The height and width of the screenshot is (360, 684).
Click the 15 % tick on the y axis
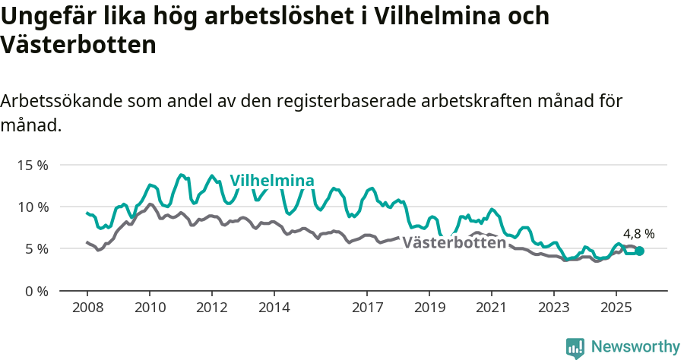(32, 165)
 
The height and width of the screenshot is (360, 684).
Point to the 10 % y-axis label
(32, 207)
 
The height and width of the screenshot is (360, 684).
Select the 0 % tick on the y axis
(35, 291)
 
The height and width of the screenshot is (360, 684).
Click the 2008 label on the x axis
(87, 308)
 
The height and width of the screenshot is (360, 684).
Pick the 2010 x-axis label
(149, 308)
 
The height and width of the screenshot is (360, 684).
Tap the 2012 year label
(211, 308)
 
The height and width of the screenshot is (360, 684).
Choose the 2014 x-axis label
(274, 308)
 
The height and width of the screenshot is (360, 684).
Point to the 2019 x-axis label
(429, 308)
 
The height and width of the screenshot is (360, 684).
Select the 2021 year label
(492, 308)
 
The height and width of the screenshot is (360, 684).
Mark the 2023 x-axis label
(554, 308)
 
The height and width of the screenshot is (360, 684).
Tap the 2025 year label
(616, 308)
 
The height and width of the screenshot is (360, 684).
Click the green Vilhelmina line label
(272, 181)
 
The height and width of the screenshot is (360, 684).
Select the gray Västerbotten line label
(454, 243)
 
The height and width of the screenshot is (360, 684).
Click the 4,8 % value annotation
(638, 234)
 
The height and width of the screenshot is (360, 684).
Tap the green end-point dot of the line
(639, 251)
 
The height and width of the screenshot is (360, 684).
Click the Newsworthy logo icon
(575, 347)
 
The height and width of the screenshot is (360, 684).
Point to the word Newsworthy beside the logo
(635, 346)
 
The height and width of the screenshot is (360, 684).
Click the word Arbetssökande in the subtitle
(62, 102)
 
